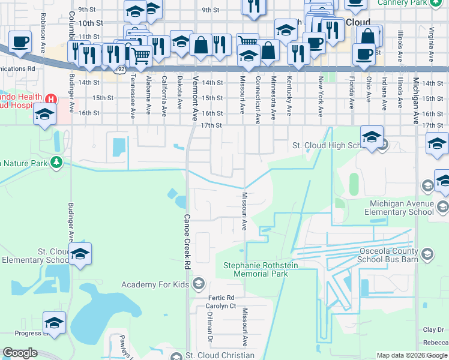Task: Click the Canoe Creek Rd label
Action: pos(187,242)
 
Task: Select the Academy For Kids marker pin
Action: pos(199,284)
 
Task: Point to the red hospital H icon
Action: pos(51,99)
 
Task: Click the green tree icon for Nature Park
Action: pos(56,162)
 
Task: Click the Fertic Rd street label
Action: pos(221,298)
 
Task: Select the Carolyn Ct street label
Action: pos(221,306)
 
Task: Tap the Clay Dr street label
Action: pos(433,329)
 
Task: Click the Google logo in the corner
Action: pos(20,353)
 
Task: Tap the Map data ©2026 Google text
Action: pos(411,355)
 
